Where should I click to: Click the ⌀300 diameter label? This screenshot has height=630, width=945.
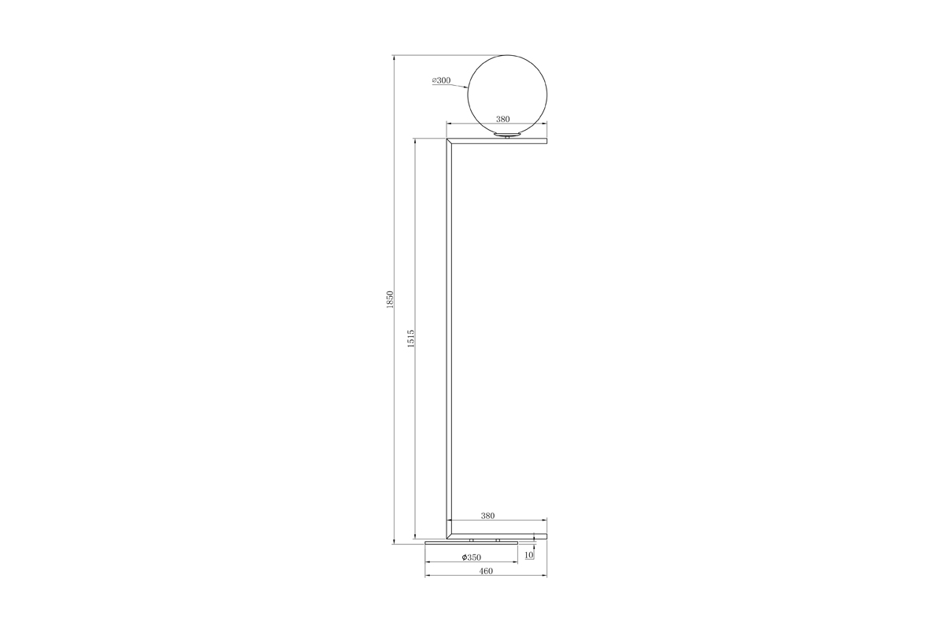coord(442,80)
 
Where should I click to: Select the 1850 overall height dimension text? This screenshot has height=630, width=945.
coord(390,299)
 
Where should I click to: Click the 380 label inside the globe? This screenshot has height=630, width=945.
coord(502,120)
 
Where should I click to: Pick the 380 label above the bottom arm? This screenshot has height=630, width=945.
coord(487,516)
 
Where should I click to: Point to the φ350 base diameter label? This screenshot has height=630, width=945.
coord(471,557)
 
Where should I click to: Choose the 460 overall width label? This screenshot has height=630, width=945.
coord(486,572)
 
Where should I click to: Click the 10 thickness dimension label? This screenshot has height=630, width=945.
coord(528,555)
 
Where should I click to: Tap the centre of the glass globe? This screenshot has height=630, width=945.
coord(507,94)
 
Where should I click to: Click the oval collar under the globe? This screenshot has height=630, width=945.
coord(507,135)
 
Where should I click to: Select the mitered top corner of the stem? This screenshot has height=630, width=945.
coord(449,141)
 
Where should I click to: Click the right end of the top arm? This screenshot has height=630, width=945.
coord(545,141)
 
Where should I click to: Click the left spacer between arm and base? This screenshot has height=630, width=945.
coord(471,539)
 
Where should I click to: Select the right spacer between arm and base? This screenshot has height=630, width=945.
coord(498,539)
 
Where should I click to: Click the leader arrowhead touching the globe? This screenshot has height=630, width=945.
coord(468,88)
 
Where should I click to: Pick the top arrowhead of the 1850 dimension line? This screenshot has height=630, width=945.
coord(393,58)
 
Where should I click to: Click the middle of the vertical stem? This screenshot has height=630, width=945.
coord(449,339)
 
